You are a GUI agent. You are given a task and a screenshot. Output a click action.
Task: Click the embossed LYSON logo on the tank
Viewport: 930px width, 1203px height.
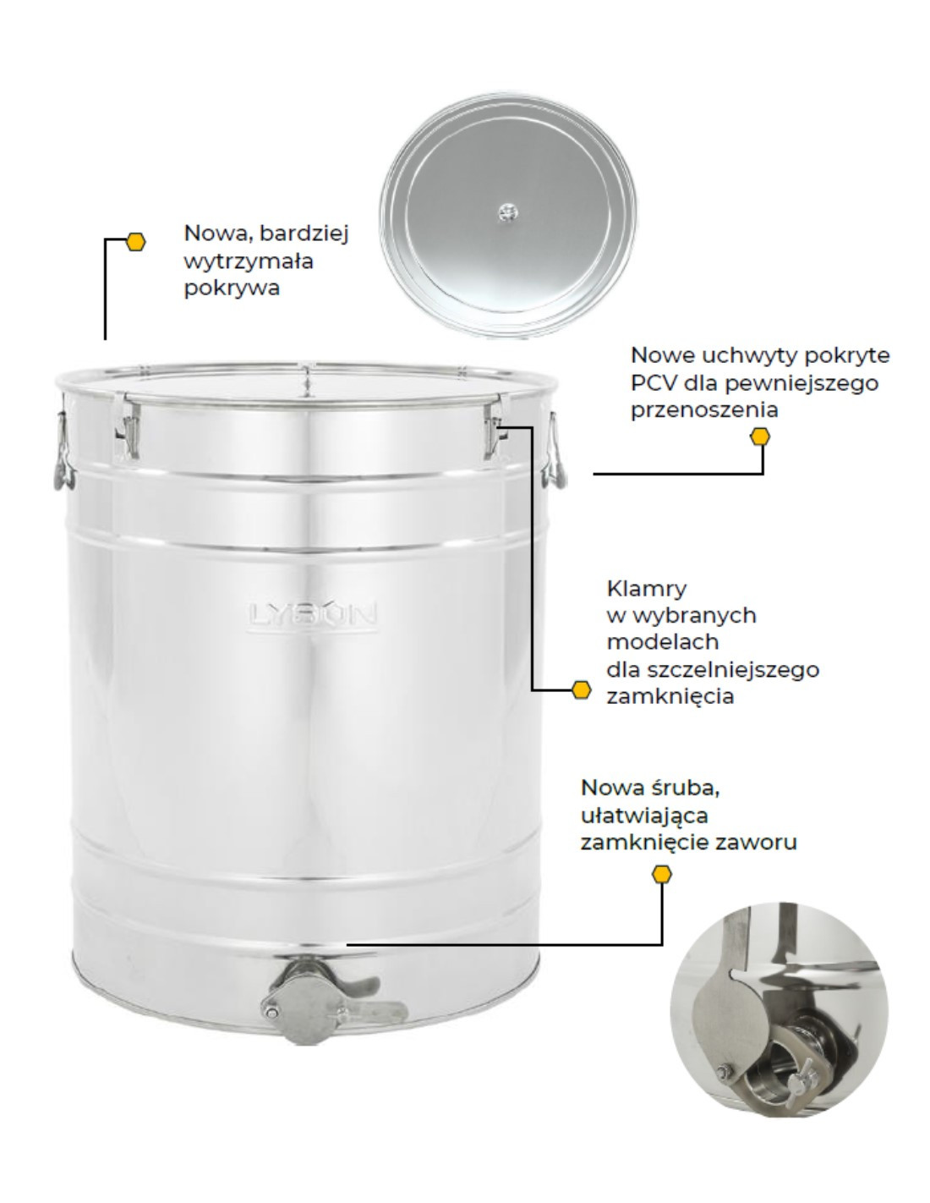coord(312,614)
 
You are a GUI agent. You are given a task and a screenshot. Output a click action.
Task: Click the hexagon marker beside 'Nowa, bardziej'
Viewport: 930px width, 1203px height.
coord(135,241)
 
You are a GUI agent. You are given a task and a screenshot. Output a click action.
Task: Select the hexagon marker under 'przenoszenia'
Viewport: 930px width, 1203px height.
coord(760,437)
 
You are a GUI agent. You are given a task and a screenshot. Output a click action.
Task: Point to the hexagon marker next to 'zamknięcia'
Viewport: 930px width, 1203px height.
coord(581,689)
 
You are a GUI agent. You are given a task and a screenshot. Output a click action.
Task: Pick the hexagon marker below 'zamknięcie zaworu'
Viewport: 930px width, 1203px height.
coord(662,874)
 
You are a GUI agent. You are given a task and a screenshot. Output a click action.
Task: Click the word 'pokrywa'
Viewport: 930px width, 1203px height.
coord(232,288)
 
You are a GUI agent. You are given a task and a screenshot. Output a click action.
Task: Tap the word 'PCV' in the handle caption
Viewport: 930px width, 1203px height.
coord(655,382)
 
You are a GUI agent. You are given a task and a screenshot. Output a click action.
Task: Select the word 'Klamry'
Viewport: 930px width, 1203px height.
coord(647,589)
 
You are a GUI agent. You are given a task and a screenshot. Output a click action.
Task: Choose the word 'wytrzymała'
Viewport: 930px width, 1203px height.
coord(249,261)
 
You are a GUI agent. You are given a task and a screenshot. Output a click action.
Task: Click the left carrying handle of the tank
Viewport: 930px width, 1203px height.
coord(63,453)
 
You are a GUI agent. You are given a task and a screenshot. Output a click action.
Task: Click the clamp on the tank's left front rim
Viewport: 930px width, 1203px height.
coord(128,426)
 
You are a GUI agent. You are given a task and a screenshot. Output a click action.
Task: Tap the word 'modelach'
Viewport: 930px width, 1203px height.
coord(663,642)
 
